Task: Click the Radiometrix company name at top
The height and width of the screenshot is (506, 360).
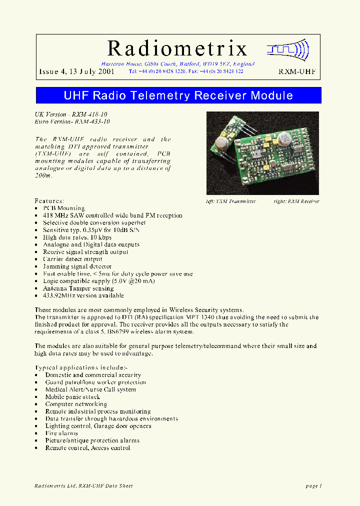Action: (x=177, y=48)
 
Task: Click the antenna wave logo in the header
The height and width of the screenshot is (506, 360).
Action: (x=288, y=49)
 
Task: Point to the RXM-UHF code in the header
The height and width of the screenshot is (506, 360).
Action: (x=297, y=71)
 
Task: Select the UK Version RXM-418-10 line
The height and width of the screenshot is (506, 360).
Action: (x=71, y=114)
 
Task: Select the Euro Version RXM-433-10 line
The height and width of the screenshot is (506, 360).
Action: (x=72, y=121)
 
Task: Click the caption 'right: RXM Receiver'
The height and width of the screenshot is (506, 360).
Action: (x=296, y=201)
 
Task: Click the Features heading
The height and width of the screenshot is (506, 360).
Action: (x=49, y=200)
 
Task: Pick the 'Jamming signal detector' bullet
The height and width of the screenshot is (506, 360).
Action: (x=77, y=266)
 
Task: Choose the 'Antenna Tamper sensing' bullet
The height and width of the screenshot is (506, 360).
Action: (x=78, y=288)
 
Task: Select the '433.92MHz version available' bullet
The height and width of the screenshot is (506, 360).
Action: (x=83, y=295)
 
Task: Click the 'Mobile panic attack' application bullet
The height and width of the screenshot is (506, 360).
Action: (x=72, y=396)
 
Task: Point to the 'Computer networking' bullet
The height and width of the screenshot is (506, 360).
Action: (x=76, y=404)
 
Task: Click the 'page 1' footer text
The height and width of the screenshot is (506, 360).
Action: (x=313, y=485)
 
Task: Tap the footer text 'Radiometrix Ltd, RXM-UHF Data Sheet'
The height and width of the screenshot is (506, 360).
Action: (x=84, y=485)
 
